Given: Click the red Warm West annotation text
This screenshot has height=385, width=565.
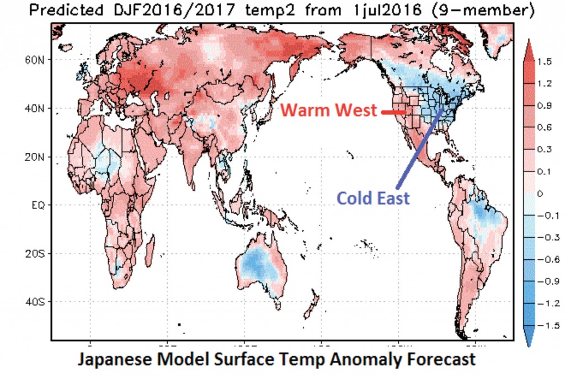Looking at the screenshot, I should pos(328,111).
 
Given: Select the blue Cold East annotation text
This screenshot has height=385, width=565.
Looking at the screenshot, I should pos(373,197).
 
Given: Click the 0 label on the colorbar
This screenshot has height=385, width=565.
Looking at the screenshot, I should pos(541,194).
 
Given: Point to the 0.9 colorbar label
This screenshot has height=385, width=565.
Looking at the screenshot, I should pos(544,106).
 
